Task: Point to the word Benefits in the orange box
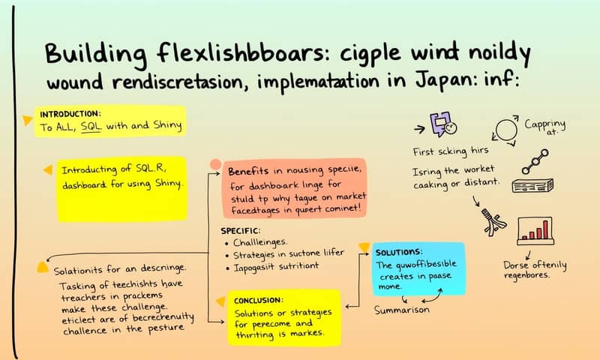click(253, 172)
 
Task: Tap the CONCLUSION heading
click(262, 300)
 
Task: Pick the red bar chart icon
click(535, 230)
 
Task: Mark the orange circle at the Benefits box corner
click(215, 163)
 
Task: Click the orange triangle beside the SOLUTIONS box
click(364, 247)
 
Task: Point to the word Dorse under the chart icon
click(517, 265)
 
